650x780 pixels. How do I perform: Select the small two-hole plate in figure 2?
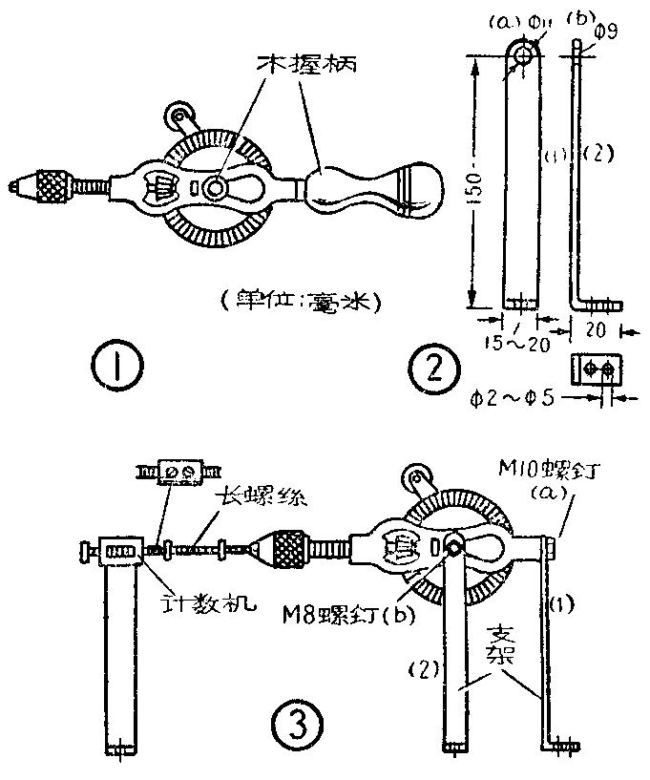[x=595, y=368]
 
